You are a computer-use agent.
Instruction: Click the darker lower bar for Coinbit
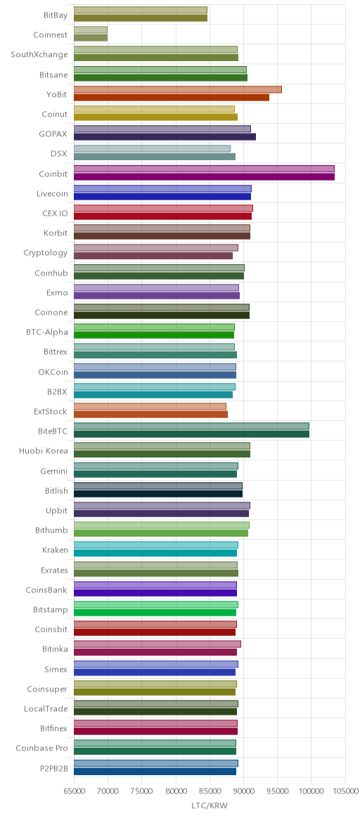(204, 177)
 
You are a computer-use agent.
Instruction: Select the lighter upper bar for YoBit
(178, 90)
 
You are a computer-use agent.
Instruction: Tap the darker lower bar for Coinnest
(91, 38)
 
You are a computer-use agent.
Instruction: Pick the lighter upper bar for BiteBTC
(191, 426)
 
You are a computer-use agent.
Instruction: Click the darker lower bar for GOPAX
(165, 137)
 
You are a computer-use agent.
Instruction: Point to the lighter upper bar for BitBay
(141, 11)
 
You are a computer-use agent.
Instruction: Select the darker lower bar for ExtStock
(150, 415)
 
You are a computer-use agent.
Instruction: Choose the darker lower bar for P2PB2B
(155, 772)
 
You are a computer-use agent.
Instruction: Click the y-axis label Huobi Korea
(44, 451)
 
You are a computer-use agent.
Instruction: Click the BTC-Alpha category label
(46, 332)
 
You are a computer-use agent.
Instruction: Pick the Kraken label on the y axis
(55, 550)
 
